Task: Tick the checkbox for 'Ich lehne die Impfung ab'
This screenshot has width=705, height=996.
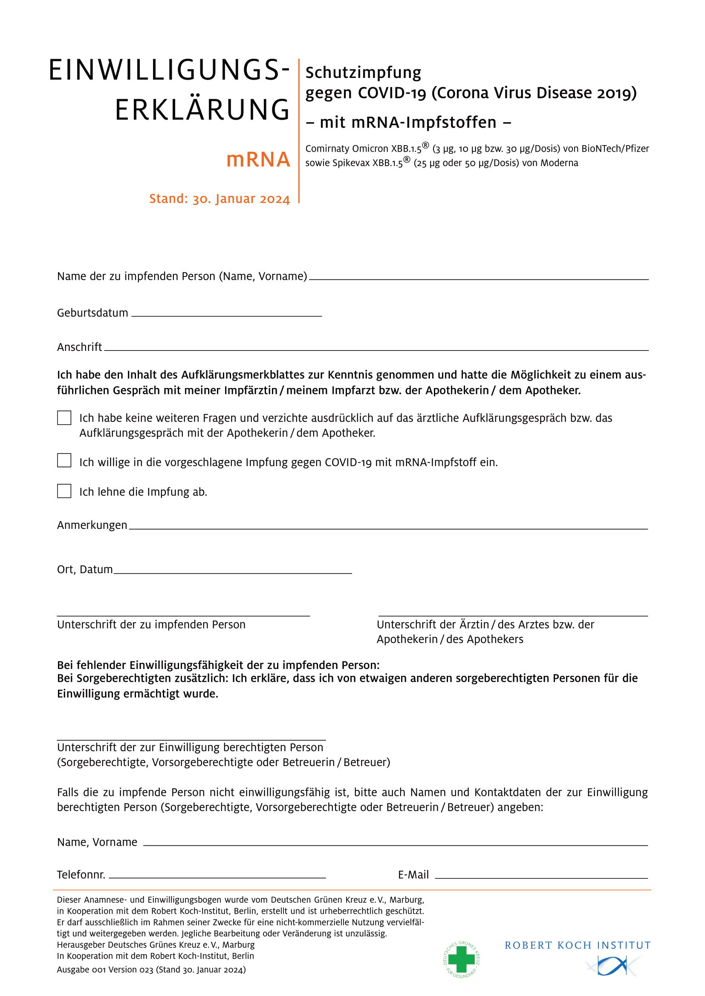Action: [x=64, y=491]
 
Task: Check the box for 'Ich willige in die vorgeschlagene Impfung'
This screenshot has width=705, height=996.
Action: [x=64, y=460]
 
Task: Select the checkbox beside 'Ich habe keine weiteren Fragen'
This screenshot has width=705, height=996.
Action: [x=64, y=418]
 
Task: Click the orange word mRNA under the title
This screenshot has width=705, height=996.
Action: [x=258, y=160]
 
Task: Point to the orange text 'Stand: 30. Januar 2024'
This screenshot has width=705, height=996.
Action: [x=219, y=199]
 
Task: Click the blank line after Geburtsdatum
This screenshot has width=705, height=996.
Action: [x=226, y=316]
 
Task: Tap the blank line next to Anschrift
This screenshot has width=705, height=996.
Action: [x=376, y=349]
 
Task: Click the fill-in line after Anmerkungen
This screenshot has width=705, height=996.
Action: [x=388, y=528]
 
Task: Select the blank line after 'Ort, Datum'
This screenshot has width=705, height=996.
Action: [x=232, y=573]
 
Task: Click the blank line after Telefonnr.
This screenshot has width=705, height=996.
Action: [x=217, y=877]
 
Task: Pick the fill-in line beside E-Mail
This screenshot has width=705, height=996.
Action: [x=541, y=878]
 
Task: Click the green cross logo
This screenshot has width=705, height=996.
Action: [x=462, y=959]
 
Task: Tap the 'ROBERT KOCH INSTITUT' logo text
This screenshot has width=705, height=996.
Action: [x=578, y=945]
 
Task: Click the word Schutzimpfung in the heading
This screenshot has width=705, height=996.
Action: [x=363, y=72]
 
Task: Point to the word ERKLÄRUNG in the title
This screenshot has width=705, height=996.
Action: [x=202, y=109]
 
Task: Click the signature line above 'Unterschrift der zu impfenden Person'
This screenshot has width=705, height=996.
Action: [x=183, y=615]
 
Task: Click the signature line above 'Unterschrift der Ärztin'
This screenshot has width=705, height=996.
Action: [x=513, y=615]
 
